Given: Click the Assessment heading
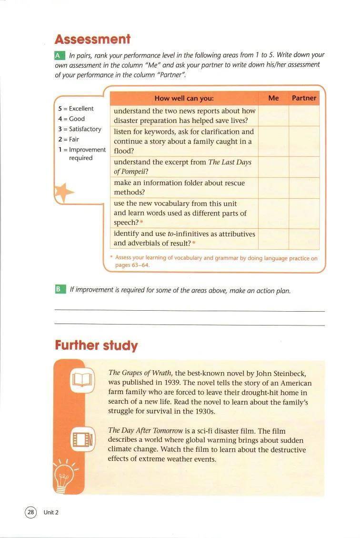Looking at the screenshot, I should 92,39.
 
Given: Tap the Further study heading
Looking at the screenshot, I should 96,345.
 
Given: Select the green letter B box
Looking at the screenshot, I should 60,290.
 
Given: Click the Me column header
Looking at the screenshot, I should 273,98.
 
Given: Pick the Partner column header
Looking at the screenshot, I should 304,98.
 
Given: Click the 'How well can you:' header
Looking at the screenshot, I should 184,99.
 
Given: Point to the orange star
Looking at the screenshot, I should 63,192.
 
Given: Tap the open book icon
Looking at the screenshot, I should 80,380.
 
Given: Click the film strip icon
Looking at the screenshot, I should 80,439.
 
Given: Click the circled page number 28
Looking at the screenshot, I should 30,512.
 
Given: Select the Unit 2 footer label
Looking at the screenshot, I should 51,513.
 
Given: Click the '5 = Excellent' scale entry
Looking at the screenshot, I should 76,109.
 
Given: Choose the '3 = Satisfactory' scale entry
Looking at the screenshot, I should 80,129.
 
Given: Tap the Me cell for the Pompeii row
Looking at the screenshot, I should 273,167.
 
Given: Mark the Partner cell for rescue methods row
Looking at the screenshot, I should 304,188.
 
